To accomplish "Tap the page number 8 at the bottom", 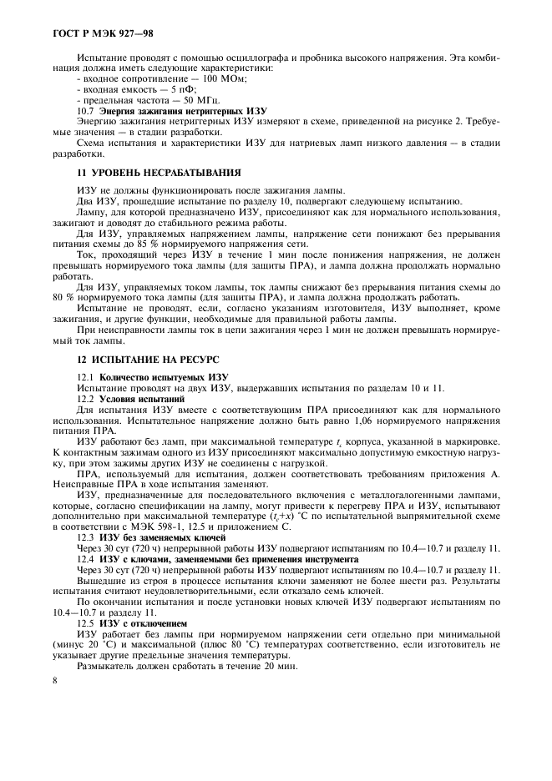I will (55, 682).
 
